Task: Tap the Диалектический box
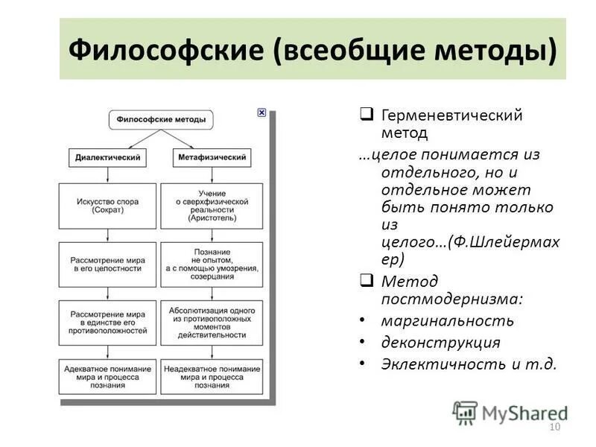[x=109, y=158]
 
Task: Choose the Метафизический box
[x=212, y=158]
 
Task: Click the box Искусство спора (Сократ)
[x=109, y=206]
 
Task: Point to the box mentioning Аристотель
[x=212, y=206]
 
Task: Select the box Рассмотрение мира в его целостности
[x=109, y=264]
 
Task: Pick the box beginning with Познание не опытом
[x=212, y=264]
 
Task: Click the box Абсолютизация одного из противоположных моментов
[x=212, y=323]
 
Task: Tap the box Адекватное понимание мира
[x=109, y=376]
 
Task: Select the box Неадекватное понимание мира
[x=212, y=376]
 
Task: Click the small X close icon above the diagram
[x=261, y=112]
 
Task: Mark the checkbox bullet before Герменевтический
[x=367, y=114]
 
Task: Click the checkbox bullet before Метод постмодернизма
[x=367, y=281]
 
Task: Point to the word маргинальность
[x=447, y=321]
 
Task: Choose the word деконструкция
[x=440, y=343]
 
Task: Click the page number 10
[x=554, y=427]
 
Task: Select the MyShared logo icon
[x=466, y=412]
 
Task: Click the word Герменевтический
[x=451, y=115]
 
